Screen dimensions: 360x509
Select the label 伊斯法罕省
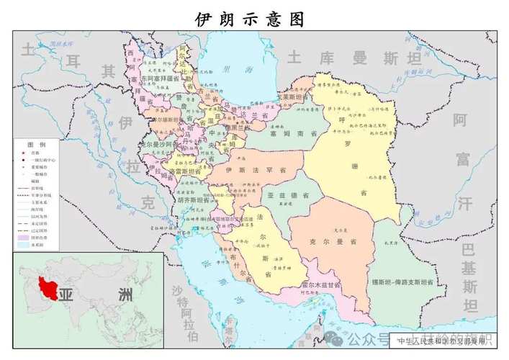click(246, 170)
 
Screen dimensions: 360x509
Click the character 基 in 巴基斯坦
click(469, 269)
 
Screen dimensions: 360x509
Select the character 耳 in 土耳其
click(71, 60)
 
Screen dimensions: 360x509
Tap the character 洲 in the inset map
click(125, 296)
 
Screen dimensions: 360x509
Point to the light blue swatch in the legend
click(27, 245)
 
